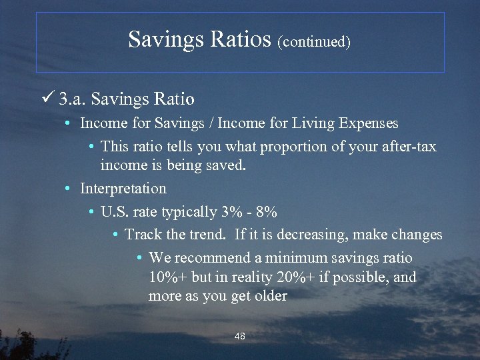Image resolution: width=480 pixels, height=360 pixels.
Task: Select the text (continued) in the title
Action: (x=315, y=41)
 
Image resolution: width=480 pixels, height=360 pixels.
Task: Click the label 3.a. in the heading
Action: (x=72, y=99)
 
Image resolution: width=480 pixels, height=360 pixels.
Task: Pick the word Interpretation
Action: (x=123, y=189)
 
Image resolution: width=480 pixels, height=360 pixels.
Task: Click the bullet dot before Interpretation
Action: (x=68, y=189)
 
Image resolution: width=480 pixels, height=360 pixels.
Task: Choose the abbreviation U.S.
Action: (x=115, y=212)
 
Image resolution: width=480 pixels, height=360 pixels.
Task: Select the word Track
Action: (x=143, y=235)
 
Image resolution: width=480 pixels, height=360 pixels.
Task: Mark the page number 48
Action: (x=240, y=337)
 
